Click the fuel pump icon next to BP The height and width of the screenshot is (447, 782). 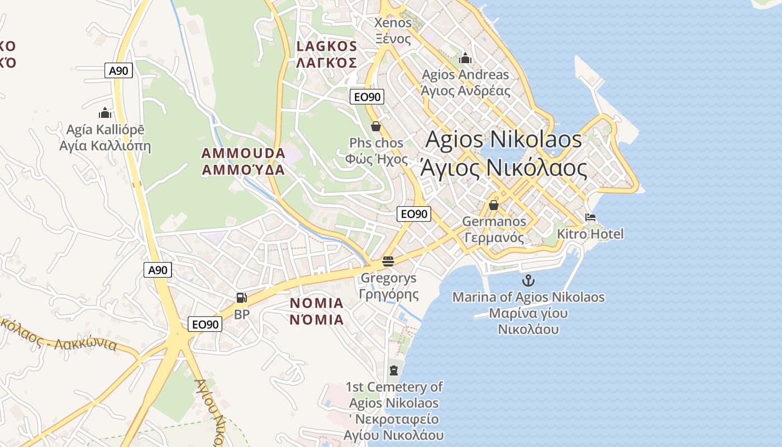(241, 298)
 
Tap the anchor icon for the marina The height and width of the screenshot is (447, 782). (528, 280)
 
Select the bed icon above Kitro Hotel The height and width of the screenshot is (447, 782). (590, 217)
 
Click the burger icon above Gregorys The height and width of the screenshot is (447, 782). (388, 261)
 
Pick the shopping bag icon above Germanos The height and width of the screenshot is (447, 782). (493, 205)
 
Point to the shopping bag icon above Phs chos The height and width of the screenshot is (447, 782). (376, 126)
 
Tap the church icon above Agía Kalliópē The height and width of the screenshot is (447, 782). (105, 113)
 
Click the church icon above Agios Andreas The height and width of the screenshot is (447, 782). (465, 58)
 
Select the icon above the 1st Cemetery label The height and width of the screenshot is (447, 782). (394, 370)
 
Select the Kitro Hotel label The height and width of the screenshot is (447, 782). (590, 234)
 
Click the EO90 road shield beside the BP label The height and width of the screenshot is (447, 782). (205, 324)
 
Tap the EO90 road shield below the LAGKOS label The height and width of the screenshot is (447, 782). (368, 97)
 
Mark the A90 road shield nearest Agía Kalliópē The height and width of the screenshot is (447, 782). (119, 70)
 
